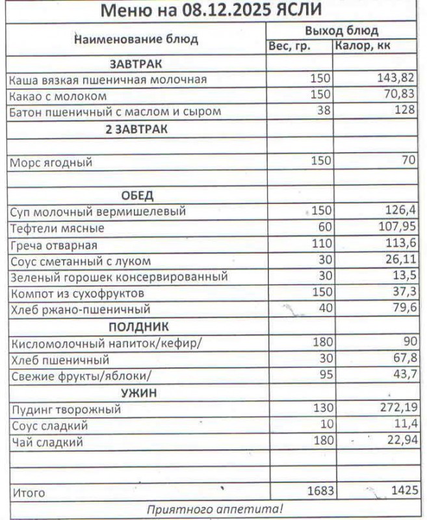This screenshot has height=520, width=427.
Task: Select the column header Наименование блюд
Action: (x=136, y=39)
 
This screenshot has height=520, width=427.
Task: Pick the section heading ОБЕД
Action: (x=136, y=196)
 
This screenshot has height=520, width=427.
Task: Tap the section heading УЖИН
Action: (x=136, y=393)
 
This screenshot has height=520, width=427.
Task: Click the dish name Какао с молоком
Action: (x=57, y=96)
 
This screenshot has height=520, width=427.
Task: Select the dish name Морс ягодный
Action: (x=51, y=162)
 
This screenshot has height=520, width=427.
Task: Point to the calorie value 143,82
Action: (x=396, y=79)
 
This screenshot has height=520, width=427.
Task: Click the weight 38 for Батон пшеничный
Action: (x=323, y=111)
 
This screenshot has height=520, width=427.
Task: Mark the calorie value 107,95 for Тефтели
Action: (x=396, y=228)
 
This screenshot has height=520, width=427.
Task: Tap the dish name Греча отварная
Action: (x=54, y=245)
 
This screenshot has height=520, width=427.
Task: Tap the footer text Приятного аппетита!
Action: (x=214, y=509)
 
